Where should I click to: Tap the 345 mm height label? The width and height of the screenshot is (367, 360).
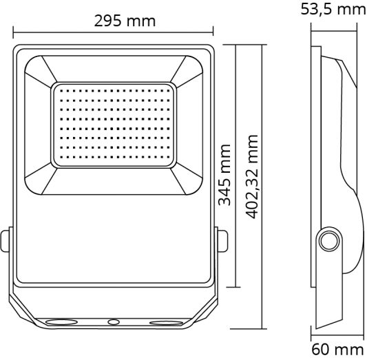[x=224, y=175]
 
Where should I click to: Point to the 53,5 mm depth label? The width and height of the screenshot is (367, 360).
[x=333, y=10]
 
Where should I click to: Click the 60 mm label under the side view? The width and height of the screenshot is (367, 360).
[x=337, y=350]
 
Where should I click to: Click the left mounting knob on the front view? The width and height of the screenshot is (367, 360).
[x=6, y=242]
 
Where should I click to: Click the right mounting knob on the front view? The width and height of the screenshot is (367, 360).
[x=222, y=242]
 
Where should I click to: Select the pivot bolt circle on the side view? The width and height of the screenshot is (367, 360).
[x=328, y=243]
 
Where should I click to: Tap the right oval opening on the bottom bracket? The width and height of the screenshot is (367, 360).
[x=164, y=321]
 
